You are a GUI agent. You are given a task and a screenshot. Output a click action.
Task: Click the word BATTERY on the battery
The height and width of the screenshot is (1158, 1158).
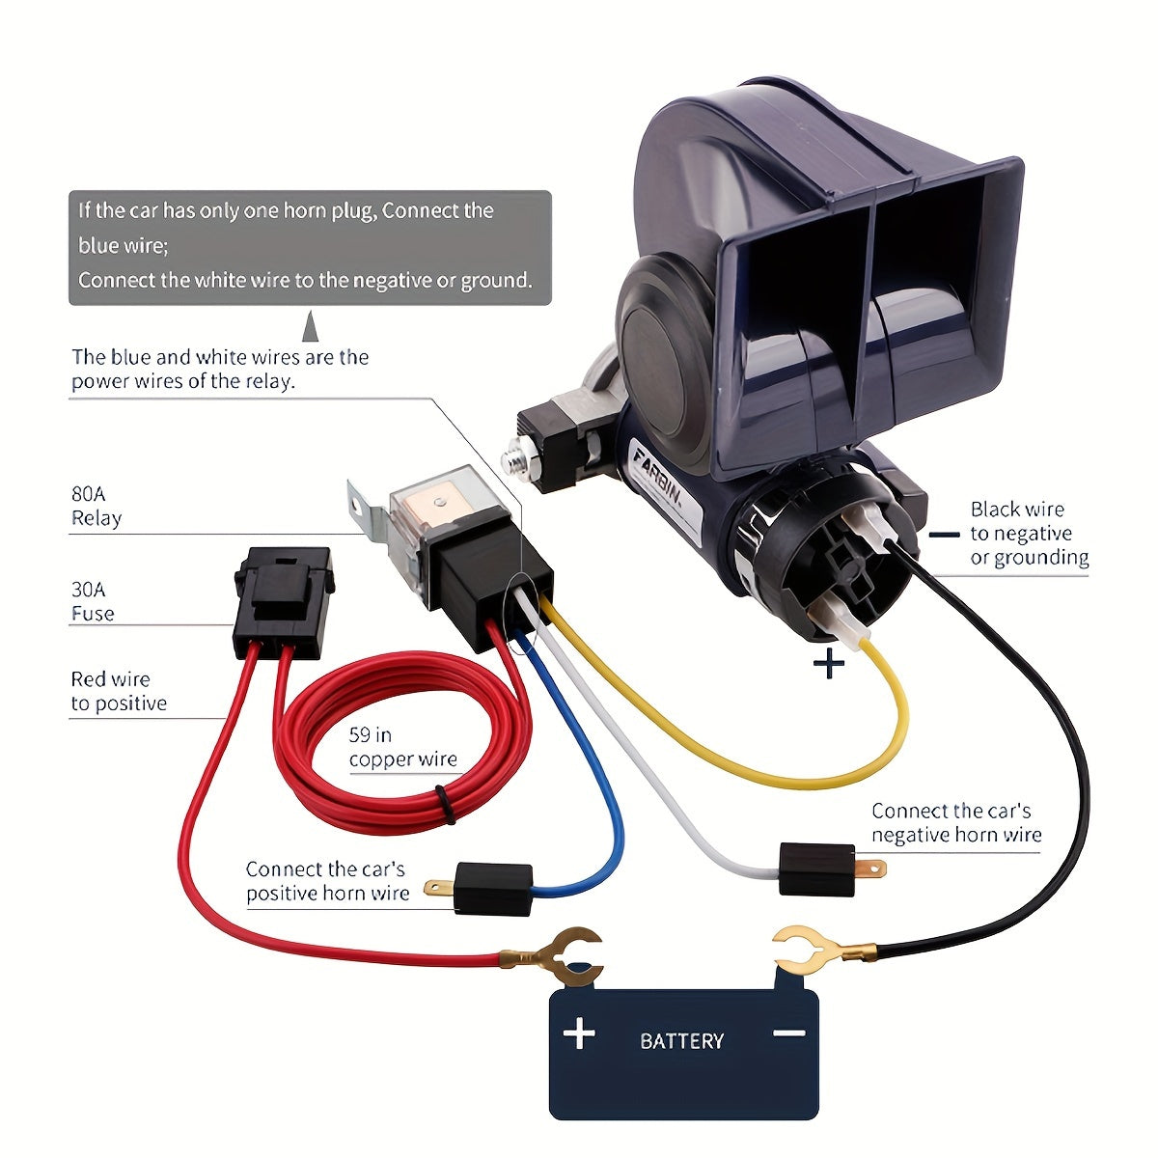click(681, 1040)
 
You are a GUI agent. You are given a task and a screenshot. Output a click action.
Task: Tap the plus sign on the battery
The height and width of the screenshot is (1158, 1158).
click(579, 1034)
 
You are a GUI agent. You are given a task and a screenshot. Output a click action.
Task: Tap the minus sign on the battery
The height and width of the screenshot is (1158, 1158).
click(788, 1033)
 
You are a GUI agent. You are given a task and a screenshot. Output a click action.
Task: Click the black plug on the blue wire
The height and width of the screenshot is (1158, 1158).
click(492, 888)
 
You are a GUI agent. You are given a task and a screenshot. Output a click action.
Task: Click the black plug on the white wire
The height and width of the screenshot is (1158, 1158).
click(816, 868)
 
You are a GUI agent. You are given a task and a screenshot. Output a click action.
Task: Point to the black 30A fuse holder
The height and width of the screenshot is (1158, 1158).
click(284, 598)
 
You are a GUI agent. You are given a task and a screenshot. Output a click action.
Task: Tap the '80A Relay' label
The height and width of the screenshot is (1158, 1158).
click(96, 506)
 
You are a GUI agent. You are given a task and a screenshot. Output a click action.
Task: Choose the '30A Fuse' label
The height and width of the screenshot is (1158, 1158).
click(93, 601)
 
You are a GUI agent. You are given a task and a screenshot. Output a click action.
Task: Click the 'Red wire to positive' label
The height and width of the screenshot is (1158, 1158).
click(118, 691)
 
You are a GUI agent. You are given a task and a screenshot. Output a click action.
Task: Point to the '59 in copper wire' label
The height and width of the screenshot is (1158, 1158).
click(402, 748)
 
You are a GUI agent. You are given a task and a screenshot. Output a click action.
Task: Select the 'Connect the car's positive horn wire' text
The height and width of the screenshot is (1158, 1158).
click(327, 881)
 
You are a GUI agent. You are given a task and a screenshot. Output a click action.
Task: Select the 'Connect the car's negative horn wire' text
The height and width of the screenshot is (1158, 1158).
click(955, 822)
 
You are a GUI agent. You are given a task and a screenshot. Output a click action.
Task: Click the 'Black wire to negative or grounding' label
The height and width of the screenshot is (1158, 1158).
click(1029, 533)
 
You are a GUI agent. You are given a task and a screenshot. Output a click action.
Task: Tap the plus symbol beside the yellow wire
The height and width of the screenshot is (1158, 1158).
click(829, 664)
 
